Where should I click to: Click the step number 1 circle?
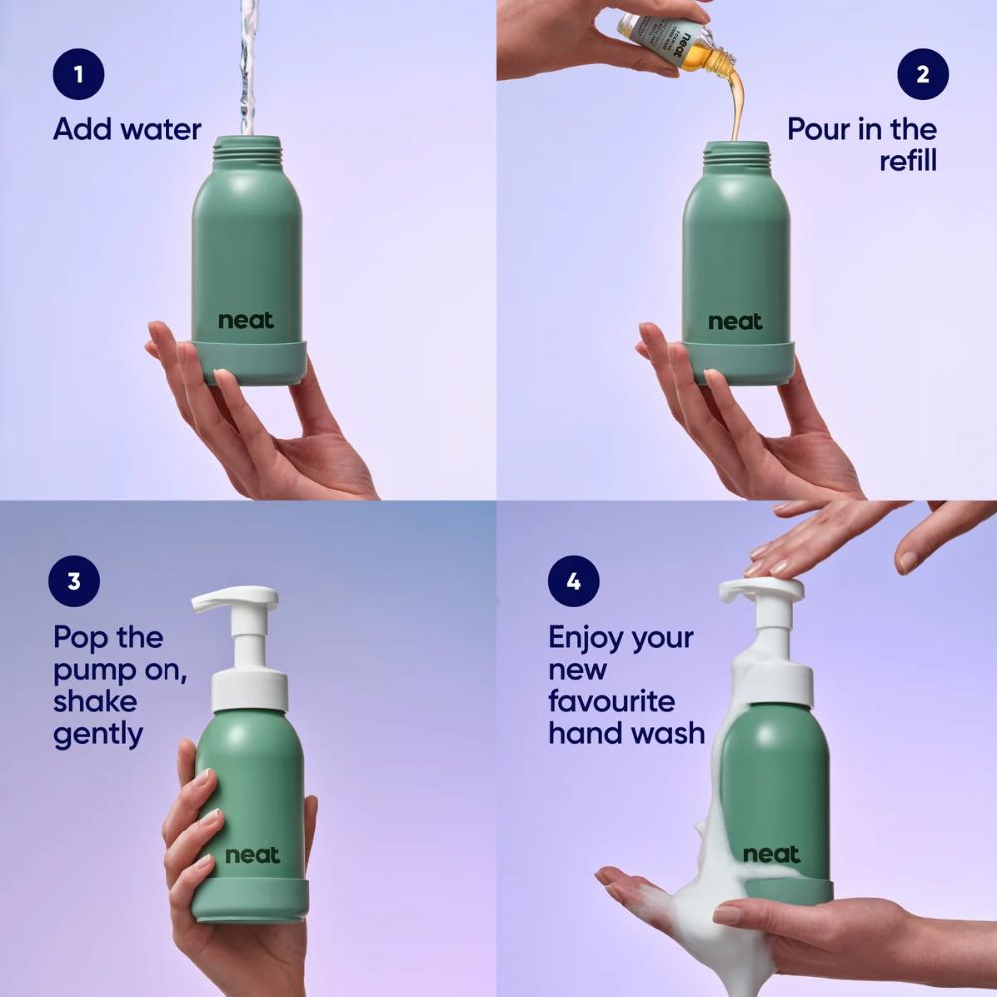pyautogui.click(x=78, y=73)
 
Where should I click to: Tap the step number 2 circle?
pyautogui.click(x=922, y=73)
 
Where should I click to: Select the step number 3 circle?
pyautogui.click(x=73, y=581)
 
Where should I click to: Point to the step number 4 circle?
pyautogui.click(x=573, y=581)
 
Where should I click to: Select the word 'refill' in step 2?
pyautogui.click(x=907, y=161)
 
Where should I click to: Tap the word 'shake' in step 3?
pyautogui.click(x=95, y=701)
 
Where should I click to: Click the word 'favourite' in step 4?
pyautogui.click(x=611, y=701)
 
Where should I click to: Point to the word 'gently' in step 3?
pyautogui.click(x=98, y=735)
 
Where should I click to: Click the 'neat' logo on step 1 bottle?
pyautogui.click(x=246, y=321)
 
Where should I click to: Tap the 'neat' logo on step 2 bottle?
pyautogui.click(x=735, y=321)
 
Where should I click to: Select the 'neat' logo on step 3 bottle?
pyautogui.click(x=252, y=855)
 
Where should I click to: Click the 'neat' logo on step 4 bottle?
pyautogui.click(x=771, y=854)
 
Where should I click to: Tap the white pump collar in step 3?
pyautogui.click(x=249, y=690)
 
